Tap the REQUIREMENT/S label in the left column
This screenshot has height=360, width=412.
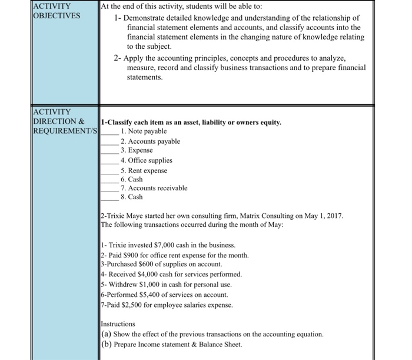[65, 130]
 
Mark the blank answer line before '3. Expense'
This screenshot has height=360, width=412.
[109, 151]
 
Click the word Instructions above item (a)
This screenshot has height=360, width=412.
[118, 324]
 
